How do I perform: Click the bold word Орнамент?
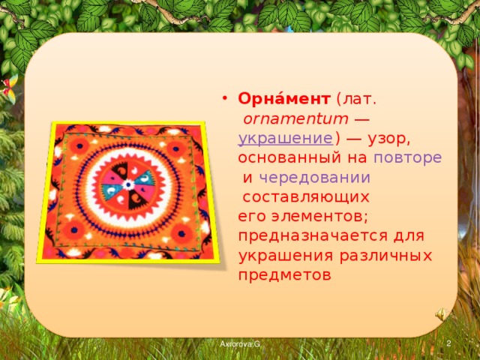pyautogui.click(x=284, y=100)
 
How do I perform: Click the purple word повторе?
pyautogui.click(x=407, y=158)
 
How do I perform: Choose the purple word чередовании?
pyautogui.click(x=314, y=178)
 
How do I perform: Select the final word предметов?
pyautogui.click(x=283, y=274)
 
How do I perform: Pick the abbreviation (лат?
pyautogui.click(x=357, y=100)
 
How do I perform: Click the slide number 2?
pyautogui.click(x=448, y=343)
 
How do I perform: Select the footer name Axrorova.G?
pyautogui.click(x=239, y=343)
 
